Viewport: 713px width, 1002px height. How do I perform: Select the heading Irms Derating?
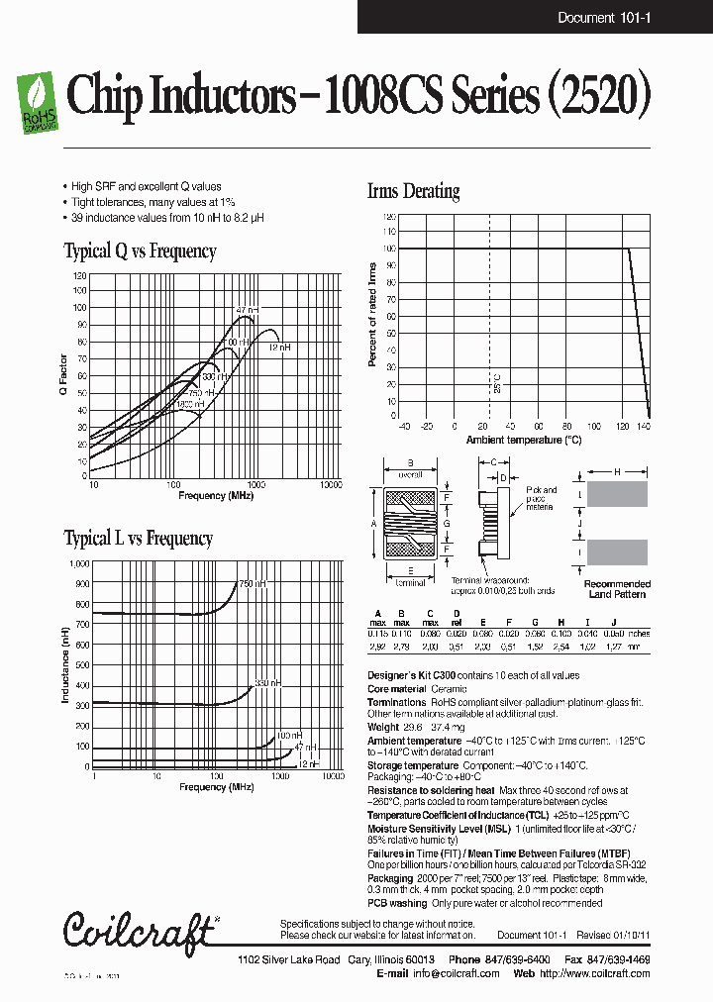tap(413, 191)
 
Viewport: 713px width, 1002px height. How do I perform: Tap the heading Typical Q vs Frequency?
tap(140, 251)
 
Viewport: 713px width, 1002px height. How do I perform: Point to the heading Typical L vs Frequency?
tap(138, 539)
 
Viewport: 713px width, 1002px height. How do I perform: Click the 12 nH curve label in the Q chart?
tap(280, 348)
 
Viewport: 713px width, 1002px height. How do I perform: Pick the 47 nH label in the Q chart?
tap(247, 311)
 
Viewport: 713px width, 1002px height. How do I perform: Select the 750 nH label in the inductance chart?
tap(253, 584)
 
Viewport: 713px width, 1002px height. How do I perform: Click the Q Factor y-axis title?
tap(64, 376)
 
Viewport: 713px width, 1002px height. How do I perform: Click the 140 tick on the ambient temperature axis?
tap(644, 427)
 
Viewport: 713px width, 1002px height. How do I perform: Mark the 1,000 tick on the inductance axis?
tap(78, 563)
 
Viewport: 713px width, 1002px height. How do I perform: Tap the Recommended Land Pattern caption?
tap(616, 589)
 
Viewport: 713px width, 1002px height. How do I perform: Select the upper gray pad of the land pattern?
tap(617, 494)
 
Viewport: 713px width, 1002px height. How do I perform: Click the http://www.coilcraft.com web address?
tap(595, 973)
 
